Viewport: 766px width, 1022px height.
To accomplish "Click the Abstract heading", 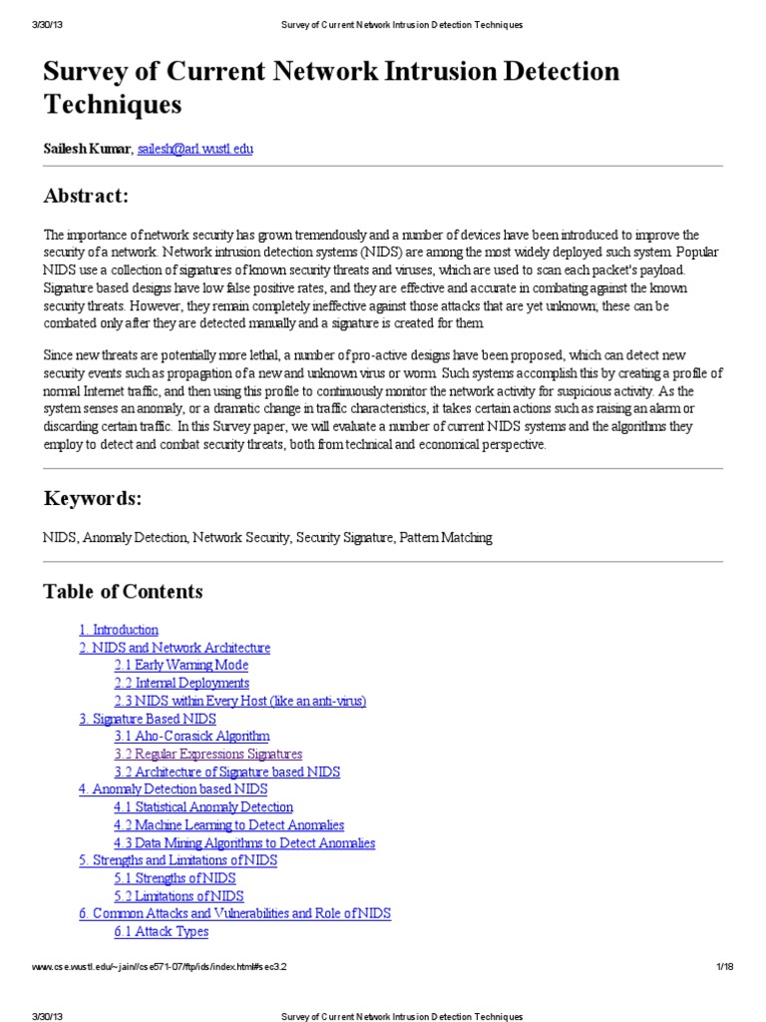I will coord(86,195).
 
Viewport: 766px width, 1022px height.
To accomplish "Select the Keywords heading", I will coord(92,498).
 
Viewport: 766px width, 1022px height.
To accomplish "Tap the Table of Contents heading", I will coord(123,592).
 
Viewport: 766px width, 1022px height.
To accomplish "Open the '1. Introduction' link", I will coord(119,630).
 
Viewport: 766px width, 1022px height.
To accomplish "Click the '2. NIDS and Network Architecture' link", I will coord(175,648).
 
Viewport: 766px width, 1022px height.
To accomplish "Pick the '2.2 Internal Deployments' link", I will coord(182,683).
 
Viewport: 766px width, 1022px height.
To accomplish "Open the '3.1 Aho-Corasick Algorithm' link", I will coord(191,737).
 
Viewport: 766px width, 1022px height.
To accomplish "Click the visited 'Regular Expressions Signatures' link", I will coord(207,754).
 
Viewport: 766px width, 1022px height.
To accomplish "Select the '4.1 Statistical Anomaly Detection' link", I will coord(203,806).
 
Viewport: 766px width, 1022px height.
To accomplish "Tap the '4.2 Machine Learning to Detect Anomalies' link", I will coord(228,824).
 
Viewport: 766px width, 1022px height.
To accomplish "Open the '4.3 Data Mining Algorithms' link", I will coord(244,842).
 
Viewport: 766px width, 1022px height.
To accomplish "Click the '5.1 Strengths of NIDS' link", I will coord(175,877).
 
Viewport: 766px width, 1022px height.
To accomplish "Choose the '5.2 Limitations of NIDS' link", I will coord(179,895).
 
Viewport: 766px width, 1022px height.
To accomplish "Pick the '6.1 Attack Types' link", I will coord(162,931).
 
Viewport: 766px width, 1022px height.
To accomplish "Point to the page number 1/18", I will coord(725,967).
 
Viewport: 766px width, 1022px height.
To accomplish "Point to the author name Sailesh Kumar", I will coord(87,148).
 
